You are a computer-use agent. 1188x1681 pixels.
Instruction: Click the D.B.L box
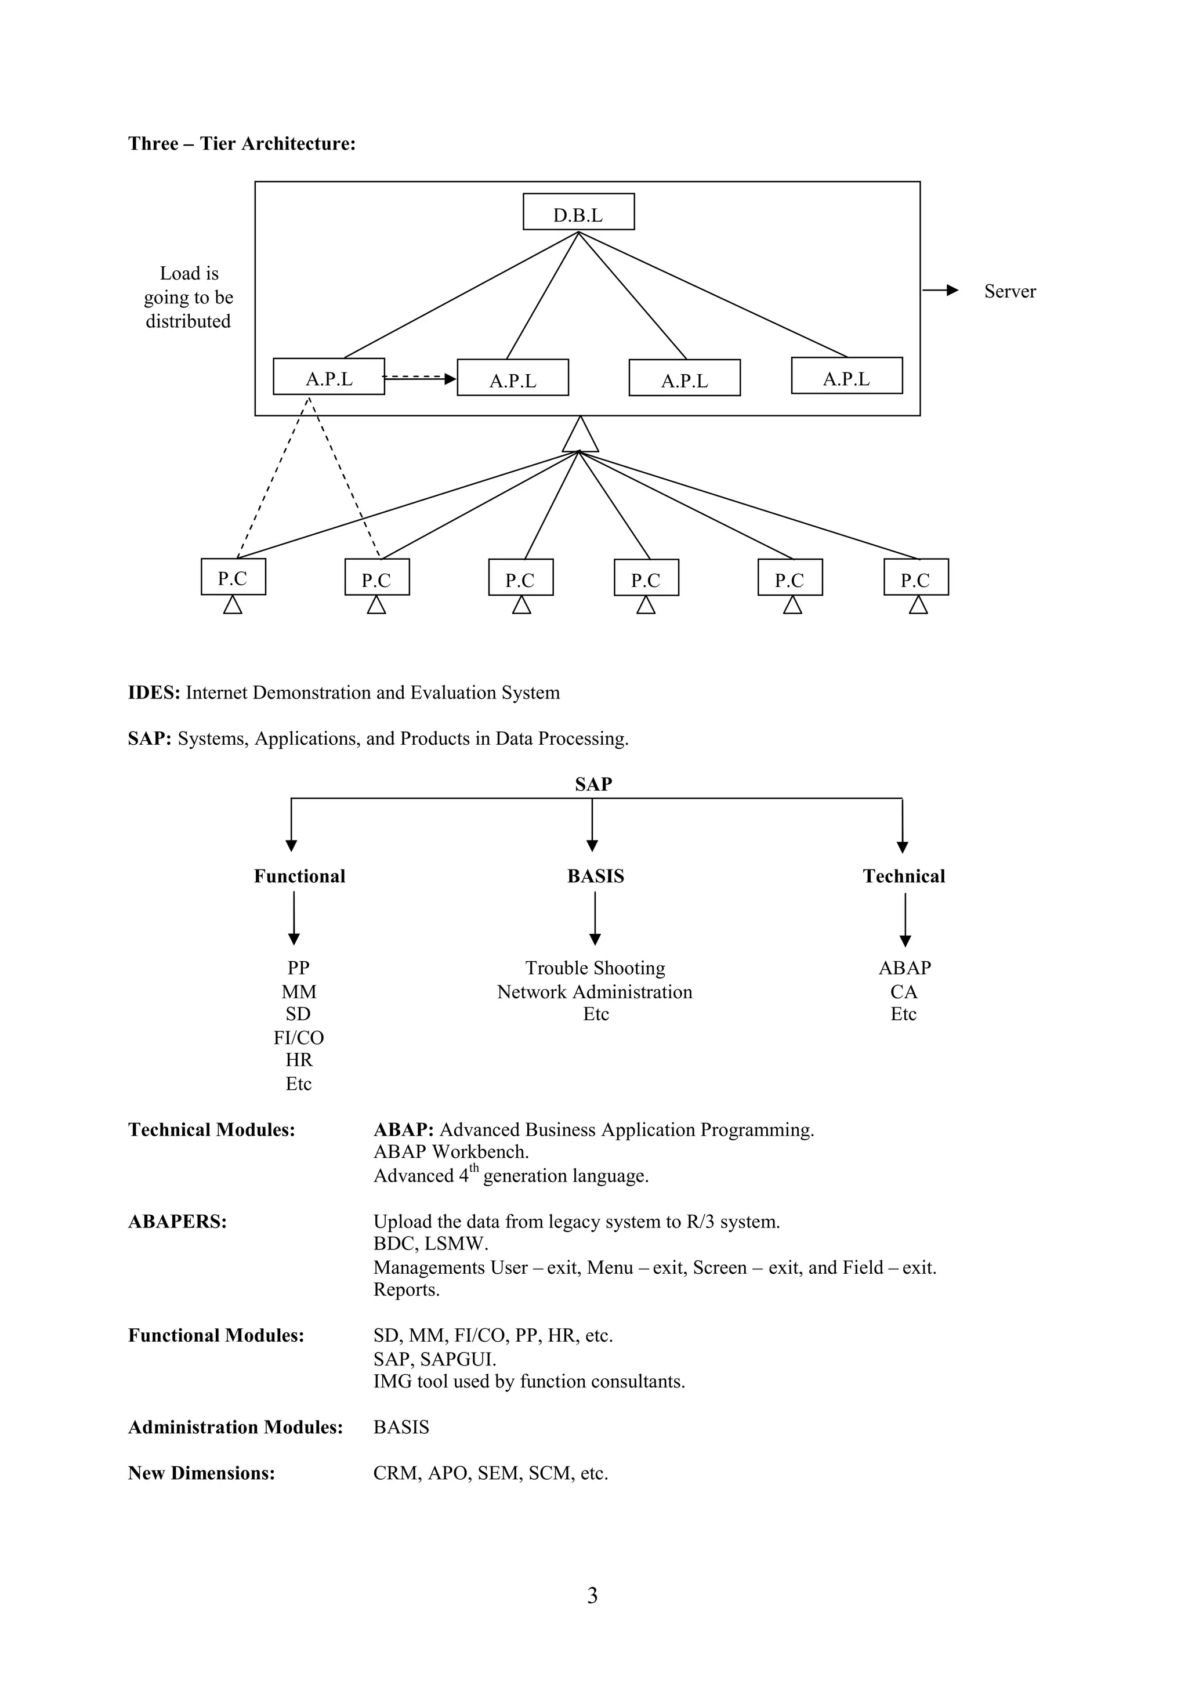coord(578,212)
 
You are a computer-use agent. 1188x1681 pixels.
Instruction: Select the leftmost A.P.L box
coord(329,377)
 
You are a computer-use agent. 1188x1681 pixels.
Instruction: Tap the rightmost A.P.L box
coord(846,376)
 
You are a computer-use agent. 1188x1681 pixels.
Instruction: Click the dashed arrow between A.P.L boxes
coord(419,378)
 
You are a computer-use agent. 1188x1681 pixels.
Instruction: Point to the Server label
coord(1009,291)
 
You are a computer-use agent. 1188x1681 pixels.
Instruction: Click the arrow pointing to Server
coord(940,291)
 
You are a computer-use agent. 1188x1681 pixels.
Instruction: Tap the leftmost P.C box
coord(233,578)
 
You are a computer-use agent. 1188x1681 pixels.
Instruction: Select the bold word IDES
coord(154,693)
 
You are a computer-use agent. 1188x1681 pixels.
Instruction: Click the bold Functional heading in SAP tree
coord(299,876)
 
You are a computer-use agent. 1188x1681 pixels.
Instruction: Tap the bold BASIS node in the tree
coord(595,876)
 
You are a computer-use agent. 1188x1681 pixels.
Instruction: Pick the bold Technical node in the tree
coord(903,876)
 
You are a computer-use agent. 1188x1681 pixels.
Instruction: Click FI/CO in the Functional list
coord(299,1038)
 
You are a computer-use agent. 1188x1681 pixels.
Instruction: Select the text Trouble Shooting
coord(595,968)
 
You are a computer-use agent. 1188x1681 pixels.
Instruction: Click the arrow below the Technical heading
coord(905,921)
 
